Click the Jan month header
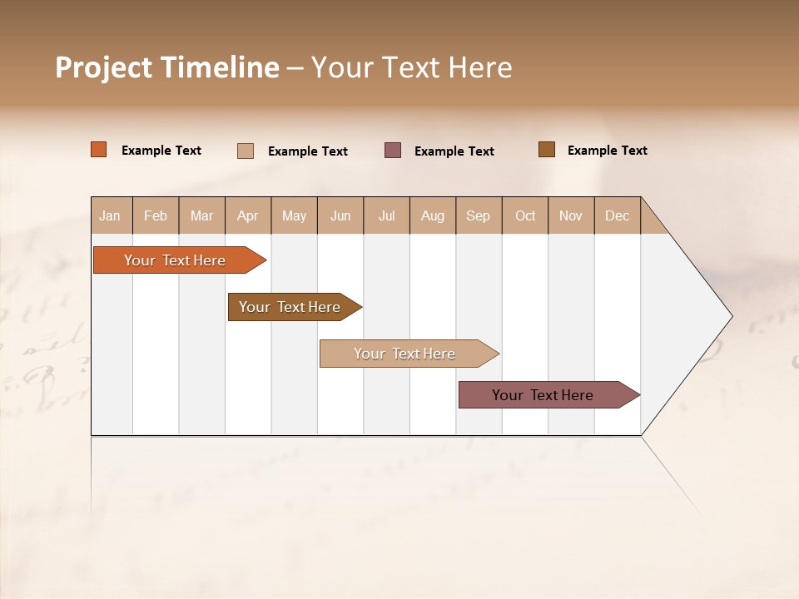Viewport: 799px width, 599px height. [111, 215]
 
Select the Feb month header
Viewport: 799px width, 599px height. [156, 215]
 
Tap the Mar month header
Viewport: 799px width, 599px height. [201, 215]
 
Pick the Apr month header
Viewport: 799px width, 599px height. [248, 215]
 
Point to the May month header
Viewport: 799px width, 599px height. [294, 215]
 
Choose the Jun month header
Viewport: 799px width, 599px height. [340, 215]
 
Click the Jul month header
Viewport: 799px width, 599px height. [386, 215]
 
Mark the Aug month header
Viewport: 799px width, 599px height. [433, 215]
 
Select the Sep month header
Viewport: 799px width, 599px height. [479, 215]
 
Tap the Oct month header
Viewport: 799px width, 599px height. [525, 215]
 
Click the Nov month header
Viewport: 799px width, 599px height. [571, 215]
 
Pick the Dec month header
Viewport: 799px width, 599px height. [618, 215]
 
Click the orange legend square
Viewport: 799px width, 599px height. [99, 150]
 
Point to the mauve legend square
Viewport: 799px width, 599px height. [393, 151]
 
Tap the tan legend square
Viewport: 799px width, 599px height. [246, 151]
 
